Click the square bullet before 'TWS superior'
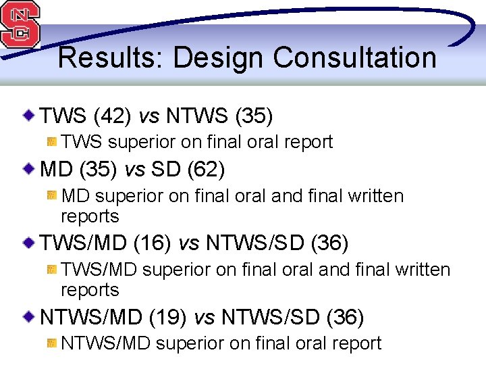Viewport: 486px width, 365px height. pos(52,141)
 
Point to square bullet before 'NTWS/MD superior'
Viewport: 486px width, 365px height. pos(52,343)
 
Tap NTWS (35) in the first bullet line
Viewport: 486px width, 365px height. pos(219,116)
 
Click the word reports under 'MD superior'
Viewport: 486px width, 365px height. pos(90,216)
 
